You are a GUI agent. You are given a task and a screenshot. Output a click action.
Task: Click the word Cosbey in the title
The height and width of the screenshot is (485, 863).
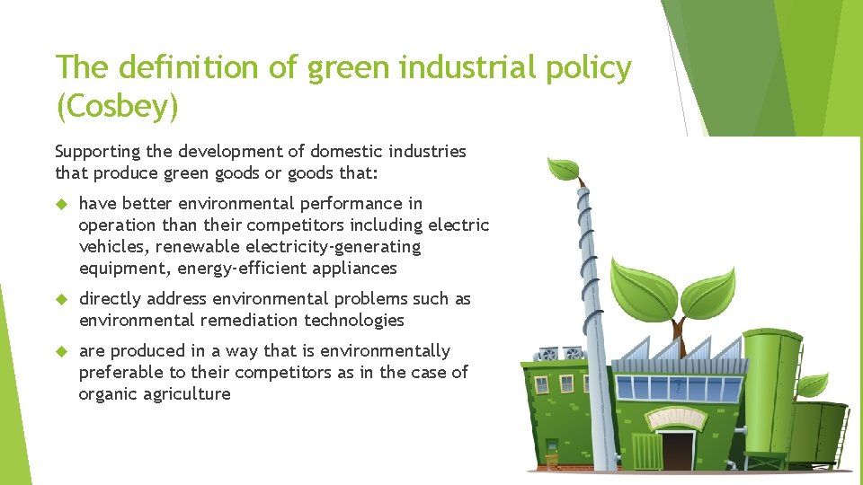point(117,106)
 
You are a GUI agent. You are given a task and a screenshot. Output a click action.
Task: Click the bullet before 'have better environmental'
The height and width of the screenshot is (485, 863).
point(63,204)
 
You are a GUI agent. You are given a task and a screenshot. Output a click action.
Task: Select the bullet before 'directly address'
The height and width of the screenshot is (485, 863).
point(63,299)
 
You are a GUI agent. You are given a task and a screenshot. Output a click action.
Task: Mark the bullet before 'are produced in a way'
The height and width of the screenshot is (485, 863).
point(63,351)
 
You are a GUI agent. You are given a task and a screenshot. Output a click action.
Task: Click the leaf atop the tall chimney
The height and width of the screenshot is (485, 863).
point(565,168)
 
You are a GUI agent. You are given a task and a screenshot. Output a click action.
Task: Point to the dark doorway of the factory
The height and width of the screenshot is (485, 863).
point(678,450)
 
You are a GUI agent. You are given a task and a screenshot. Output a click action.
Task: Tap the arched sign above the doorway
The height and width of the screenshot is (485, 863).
point(678,417)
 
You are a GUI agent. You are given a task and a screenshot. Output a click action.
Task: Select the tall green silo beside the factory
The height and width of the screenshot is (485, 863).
point(771,395)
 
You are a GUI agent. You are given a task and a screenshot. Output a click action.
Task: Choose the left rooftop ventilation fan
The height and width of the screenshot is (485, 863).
point(547,354)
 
